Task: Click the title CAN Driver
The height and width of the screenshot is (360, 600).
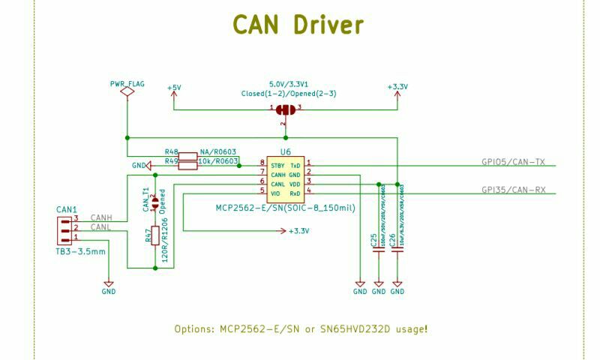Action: click(x=298, y=25)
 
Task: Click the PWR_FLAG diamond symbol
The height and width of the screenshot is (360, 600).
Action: click(x=127, y=91)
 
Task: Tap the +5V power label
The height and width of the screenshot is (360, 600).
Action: click(x=174, y=88)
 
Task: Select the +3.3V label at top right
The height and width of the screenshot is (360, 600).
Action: click(x=397, y=87)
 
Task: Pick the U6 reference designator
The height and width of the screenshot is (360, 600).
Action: click(x=285, y=151)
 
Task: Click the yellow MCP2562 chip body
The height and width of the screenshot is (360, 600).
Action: click(x=285, y=178)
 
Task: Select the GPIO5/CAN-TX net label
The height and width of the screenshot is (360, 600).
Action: click(x=512, y=161)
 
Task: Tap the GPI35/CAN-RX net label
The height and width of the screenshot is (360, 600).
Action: click(x=513, y=190)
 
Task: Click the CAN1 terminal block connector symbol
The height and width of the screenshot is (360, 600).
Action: click(x=64, y=229)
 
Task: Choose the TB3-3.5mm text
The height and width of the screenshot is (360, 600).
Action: click(x=81, y=251)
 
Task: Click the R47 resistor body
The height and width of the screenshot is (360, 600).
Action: click(x=154, y=235)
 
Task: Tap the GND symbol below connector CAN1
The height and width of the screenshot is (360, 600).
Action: click(x=109, y=289)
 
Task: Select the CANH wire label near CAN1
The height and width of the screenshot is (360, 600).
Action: click(x=101, y=217)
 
